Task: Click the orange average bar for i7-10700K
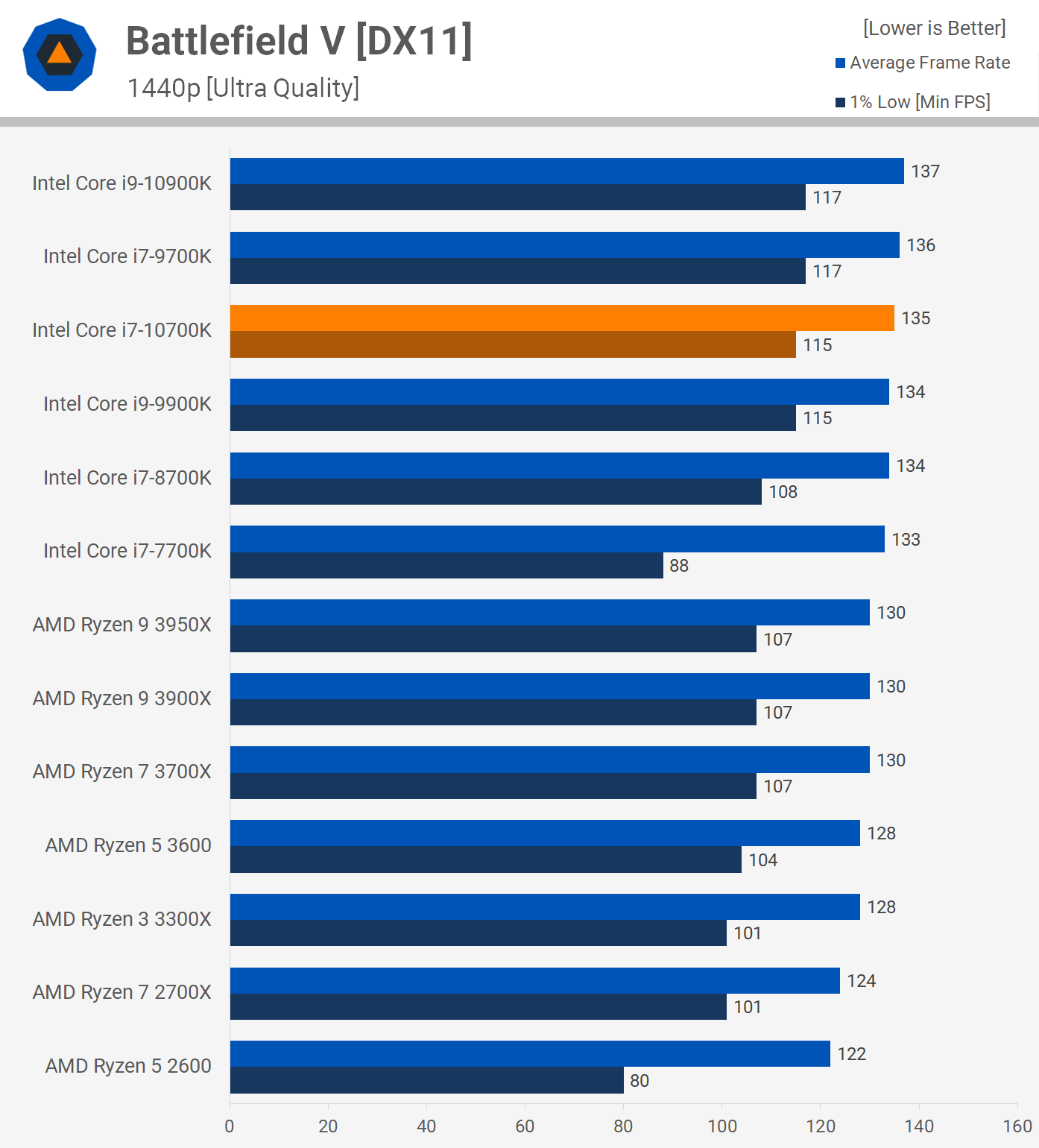tap(562, 318)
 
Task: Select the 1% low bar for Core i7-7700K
tap(446, 566)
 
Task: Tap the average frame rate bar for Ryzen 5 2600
tap(530, 1054)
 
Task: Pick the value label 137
tap(925, 171)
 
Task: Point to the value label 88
tap(679, 566)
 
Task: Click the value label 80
tap(639, 1081)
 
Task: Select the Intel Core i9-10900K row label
tap(122, 183)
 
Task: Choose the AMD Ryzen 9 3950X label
tap(122, 625)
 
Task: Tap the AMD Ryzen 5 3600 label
tap(128, 845)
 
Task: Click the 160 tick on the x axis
tap(1017, 1126)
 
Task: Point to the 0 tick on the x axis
tap(230, 1126)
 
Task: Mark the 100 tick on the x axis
tap(721, 1126)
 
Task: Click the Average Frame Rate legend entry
tap(923, 63)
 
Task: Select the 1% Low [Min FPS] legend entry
tap(913, 102)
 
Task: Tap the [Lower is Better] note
tap(934, 28)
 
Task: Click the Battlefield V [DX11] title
tap(299, 41)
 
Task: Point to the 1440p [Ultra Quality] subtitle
tap(243, 88)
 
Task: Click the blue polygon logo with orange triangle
tap(60, 54)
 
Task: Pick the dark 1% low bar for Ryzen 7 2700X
tap(478, 1007)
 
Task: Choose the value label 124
tap(861, 981)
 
